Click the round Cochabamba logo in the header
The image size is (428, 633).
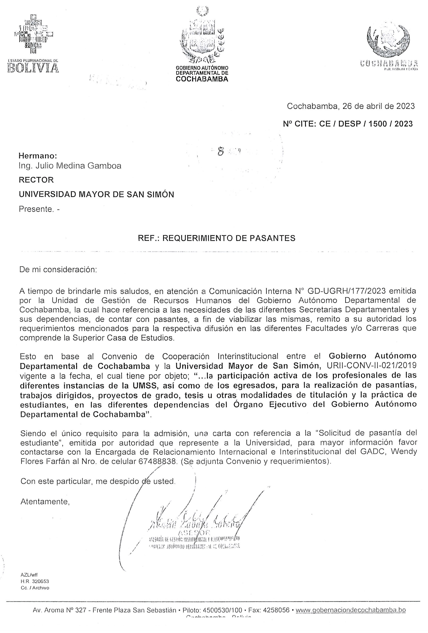[388, 41]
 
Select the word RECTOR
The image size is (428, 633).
[36, 180]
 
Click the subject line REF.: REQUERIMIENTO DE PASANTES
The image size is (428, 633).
[216, 238]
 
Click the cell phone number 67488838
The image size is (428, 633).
[158, 462]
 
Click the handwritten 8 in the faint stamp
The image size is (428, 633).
[220, 152]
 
